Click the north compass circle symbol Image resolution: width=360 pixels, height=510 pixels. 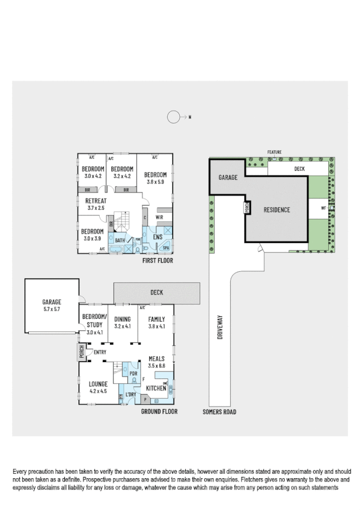(173, 117)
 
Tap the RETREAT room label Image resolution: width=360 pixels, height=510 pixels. (95, 200)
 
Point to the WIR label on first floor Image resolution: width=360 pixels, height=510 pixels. (160, 217)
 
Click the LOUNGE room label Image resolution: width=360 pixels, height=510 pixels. (98, 382)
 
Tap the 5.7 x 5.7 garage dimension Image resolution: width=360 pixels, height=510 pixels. (52, 310)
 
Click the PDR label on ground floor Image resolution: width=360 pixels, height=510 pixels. (133, 373)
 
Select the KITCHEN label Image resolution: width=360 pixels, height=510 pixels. (156, 389)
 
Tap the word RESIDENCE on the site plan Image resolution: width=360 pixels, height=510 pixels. (276, 210)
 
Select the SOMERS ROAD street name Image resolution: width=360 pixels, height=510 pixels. (219, 412)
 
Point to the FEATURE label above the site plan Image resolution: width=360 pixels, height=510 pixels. (275, 152)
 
